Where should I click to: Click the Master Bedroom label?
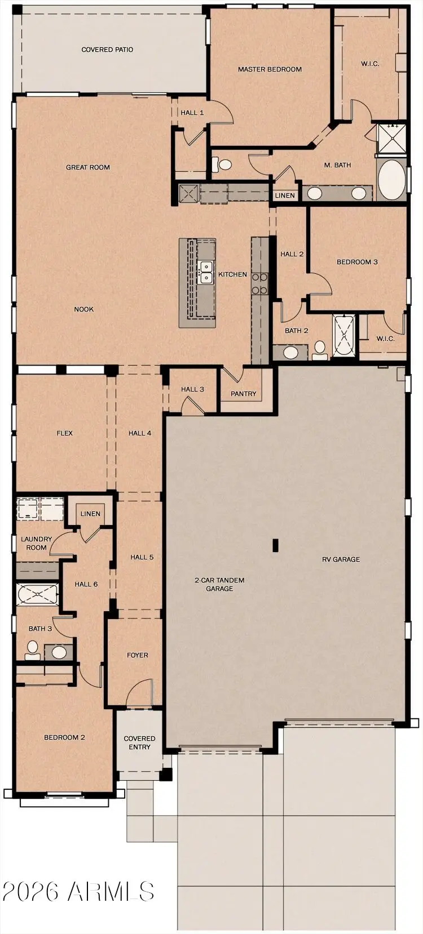coord(270,69)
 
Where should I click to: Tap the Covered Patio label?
coord(107,50)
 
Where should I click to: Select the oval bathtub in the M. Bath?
coord(391,180)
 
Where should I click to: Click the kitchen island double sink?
coord(206,272)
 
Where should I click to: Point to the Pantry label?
coord(244,394)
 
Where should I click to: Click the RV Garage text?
coord(341,559)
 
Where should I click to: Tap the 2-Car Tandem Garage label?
coord(219,584)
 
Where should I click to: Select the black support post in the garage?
coord(275,545)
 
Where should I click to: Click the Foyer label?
coord(138,655)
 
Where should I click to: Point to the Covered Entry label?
coord(139,742)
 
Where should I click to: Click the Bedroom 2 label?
coord(65,737)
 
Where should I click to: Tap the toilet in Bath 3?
coord(32,649)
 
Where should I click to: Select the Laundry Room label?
coord(37,543)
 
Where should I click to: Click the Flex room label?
coord(64,433)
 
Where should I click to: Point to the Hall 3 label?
coord(192,389)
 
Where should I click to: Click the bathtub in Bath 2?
coord(343,336)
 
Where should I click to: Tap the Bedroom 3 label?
coord(357,262)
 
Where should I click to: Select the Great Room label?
coord(88,167)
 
